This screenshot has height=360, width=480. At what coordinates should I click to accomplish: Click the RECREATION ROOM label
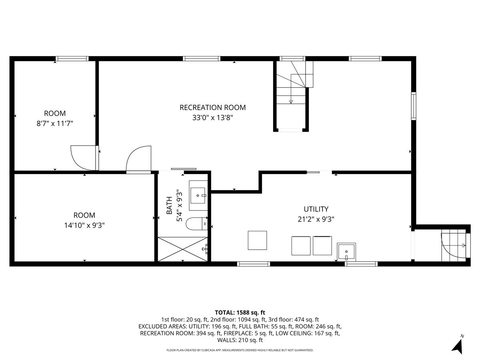[x=212, y=107]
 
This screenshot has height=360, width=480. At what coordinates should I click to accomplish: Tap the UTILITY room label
[x=316, y=209]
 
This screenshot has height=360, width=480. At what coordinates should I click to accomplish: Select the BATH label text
[x=169, y=206]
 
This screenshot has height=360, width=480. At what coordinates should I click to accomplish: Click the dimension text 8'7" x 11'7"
[x=55, y=124]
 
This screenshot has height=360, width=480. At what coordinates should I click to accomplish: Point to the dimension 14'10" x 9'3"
[x=84, y=225]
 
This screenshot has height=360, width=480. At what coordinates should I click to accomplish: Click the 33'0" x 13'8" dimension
[x=212, y=118]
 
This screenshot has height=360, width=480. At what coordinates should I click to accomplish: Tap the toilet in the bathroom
[x=196, y=224]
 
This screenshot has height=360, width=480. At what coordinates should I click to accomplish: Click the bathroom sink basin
[x=198, y=195]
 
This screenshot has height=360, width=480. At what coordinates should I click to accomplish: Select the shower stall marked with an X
[x=182, y=249]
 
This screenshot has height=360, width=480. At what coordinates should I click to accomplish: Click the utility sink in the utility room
[x=346, y=252]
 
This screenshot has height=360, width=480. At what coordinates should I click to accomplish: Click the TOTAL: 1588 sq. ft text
[x=240, y=312]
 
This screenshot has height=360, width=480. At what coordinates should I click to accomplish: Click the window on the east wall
[x=414, y=106]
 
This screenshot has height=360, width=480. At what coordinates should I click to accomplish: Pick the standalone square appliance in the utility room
[x=257, y=240]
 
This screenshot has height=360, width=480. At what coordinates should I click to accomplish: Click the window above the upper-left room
[x=72, y=58]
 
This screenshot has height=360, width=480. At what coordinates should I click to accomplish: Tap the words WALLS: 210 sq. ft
[x=240, y=340]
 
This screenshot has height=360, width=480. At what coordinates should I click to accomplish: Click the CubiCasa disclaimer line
[x=240, y=350]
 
